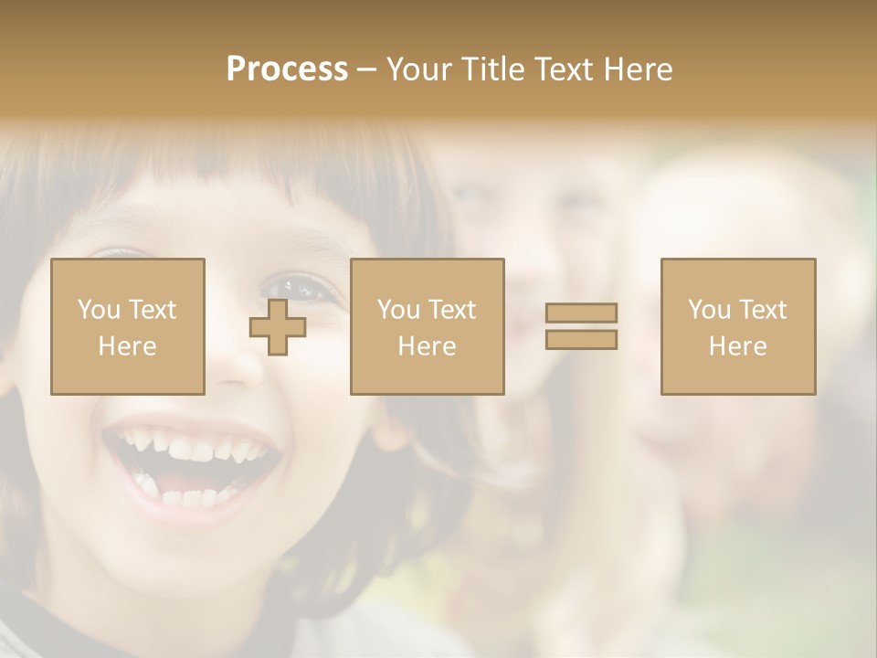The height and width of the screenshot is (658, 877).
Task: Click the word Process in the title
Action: [x=287, y=69]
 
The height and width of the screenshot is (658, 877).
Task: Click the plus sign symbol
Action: [x=278, y=327]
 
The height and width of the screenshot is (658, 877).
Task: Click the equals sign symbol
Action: [x=581, y=326]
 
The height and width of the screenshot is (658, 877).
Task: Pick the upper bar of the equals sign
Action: [x=581, y=313]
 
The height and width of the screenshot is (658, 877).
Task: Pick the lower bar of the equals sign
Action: [x=581, y=340]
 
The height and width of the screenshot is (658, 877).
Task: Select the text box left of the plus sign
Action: [x=127, y=326]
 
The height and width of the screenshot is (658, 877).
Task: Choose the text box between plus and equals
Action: [x=427, y=326]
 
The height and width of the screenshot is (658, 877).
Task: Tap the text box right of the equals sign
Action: [x=737, y=326]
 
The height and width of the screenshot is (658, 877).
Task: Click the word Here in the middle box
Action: [x=427, y=346]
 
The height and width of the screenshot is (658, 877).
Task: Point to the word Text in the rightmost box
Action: [x=762, y=310]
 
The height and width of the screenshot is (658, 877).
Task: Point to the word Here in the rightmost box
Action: [x=737, y=346]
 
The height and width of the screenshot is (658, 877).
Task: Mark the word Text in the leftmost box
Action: [x=152, y=310]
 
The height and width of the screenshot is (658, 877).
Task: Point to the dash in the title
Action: [x=366, y=69]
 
